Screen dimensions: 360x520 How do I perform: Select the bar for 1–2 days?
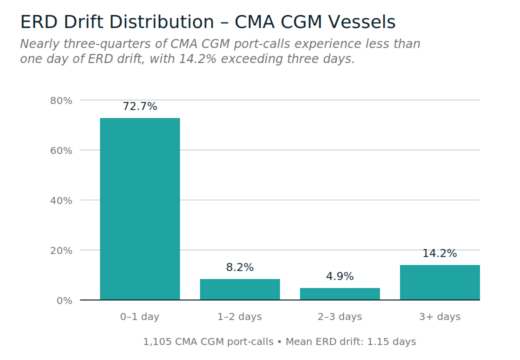click(x=240, y=289)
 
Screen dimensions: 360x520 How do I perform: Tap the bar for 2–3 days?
click(x=340, y=294)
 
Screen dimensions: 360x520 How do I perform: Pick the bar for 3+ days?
click(x=440, y=282)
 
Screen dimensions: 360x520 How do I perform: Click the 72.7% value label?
click(x=140, y=106)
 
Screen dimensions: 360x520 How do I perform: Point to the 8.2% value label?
click(x=240, y=267)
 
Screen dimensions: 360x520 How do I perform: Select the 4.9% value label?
click(x=340, y=276)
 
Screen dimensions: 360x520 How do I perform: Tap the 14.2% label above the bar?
click(x=440, y=253)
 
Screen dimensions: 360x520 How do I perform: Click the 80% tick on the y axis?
click(x=61, y=100)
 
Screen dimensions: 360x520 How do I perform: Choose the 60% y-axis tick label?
click(x=61, y=150)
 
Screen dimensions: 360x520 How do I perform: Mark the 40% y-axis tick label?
click(x=61, y=200)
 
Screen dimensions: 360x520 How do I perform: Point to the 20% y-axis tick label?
click(x=61, y=250)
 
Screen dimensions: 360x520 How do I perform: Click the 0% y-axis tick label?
click(x=64, y=300)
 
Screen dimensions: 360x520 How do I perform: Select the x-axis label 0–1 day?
click(x=140, y=316)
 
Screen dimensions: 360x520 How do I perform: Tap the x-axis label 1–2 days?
click(x=240, y=316)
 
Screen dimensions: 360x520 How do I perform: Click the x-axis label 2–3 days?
click(x=340, y=316)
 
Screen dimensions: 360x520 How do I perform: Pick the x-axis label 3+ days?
click(x=440, y=316)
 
